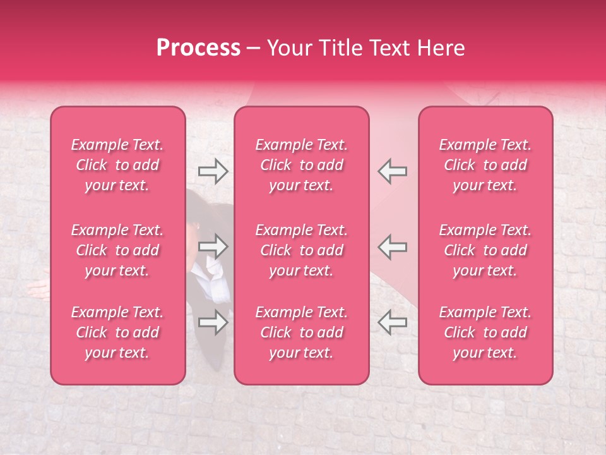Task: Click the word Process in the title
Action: click(198, 48)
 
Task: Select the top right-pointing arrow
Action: click(213, 171)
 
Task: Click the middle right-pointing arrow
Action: click(213, 246)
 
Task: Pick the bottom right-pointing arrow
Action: click(213, 322)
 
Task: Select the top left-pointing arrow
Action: click(392, 171)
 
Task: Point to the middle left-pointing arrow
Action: click(392, 246)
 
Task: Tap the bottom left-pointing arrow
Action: click(392, 322)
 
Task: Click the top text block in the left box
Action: click(117, 165)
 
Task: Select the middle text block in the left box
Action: click(117, 250)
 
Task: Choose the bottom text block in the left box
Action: click(117, 332)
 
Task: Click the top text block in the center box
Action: click(302, 165)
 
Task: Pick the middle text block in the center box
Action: click(302, 250)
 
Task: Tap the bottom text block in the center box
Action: click(302, 332)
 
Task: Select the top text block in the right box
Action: click(485, 165)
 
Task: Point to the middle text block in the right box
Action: click(485, 250)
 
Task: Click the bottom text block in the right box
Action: click(485, 332)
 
